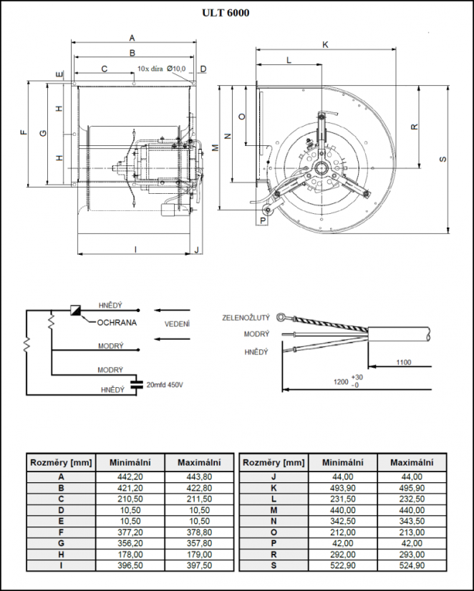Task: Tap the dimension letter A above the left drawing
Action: click(x=132, y=37)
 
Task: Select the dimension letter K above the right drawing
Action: click(x=325, y=44)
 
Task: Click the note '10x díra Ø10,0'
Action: click(x=161, y=69)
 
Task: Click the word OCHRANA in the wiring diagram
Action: click(x=117, y=323)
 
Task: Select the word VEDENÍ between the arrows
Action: click(x=178, y=324)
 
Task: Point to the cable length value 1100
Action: click(x=403, y=363)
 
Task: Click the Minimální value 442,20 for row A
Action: click(x=129, y=477)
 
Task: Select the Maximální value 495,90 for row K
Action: click(x=412, y=487)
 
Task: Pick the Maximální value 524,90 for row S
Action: click(x=412, y=565)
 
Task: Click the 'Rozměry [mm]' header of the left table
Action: click(x=61, y=462)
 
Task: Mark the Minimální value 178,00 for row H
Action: click(x=129, y=555)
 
